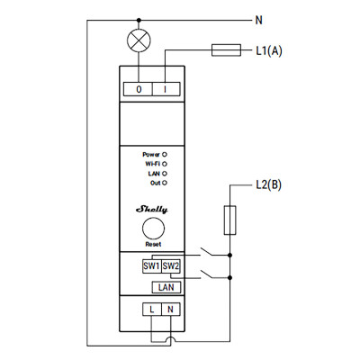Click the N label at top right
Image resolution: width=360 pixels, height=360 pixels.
point(260,19)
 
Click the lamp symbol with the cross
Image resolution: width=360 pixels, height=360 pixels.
point(139,40)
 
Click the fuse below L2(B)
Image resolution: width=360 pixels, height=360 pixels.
point(231,219)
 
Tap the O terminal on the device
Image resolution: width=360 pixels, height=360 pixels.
point(139,89)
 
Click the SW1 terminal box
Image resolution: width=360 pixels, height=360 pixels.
point(151,266)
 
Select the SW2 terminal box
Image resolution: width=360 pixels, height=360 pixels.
point(171,266)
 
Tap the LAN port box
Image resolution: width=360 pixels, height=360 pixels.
point(165,287)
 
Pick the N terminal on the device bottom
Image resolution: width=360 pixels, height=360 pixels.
point(171,310)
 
